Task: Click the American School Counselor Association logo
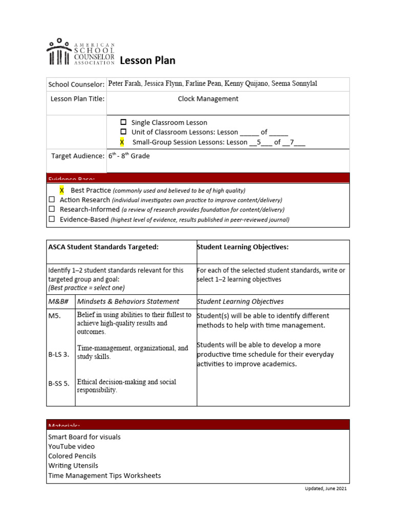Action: (80, 52)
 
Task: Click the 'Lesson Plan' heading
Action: (147, 61)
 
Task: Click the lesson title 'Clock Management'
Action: (208, 99)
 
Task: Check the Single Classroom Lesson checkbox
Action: (123, 122)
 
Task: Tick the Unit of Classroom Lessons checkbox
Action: (123, 132)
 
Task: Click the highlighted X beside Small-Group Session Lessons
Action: (122, 142)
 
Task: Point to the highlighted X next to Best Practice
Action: (62, 190)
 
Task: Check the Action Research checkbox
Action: (52, 200)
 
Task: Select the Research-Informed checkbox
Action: (52, 209)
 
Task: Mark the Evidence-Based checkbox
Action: (52, 219)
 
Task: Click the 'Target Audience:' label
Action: (78, 156)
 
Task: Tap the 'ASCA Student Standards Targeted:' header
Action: (103, 247)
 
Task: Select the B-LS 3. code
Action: (58, 354)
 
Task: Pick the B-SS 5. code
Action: (58, 383)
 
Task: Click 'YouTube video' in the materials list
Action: (71, 447)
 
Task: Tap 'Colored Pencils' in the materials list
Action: (72, 456)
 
